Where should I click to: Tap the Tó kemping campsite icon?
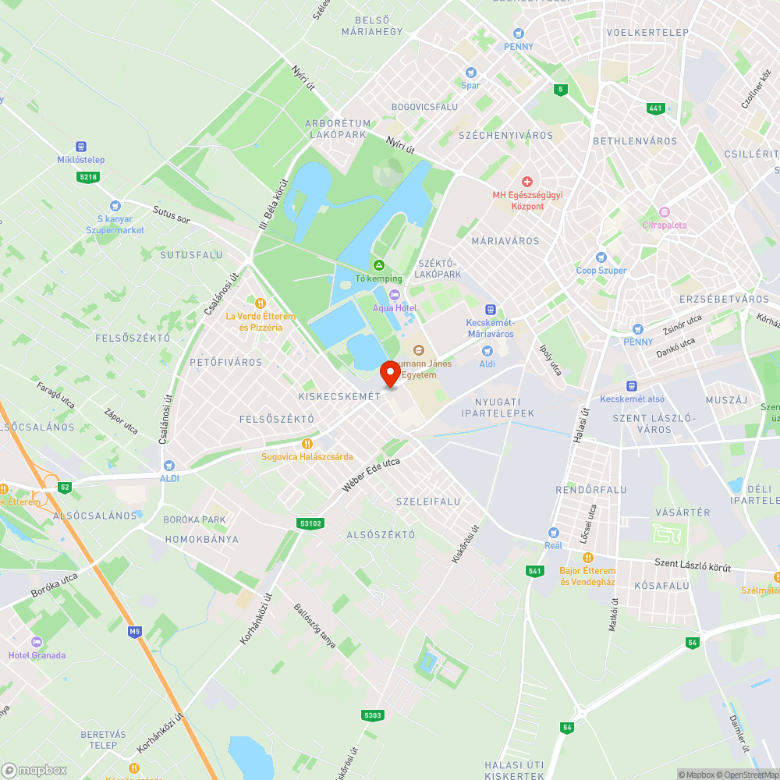379,266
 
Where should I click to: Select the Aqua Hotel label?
395,307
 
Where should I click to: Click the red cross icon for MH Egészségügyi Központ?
527,181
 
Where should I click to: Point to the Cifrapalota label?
665,225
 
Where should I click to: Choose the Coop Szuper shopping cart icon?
601,257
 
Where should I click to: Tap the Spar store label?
470,85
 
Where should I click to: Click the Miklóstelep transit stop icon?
81,147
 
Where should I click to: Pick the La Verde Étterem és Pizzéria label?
261,321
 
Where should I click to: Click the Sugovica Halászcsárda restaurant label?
307,456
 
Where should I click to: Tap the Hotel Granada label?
37,655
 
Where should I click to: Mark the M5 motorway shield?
136,631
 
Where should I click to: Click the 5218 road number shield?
88,177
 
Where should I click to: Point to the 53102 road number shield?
310,523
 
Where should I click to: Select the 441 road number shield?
656,108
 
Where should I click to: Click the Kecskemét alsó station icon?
632,386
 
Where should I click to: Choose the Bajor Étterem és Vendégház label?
587,576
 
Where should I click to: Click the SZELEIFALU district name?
428,501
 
